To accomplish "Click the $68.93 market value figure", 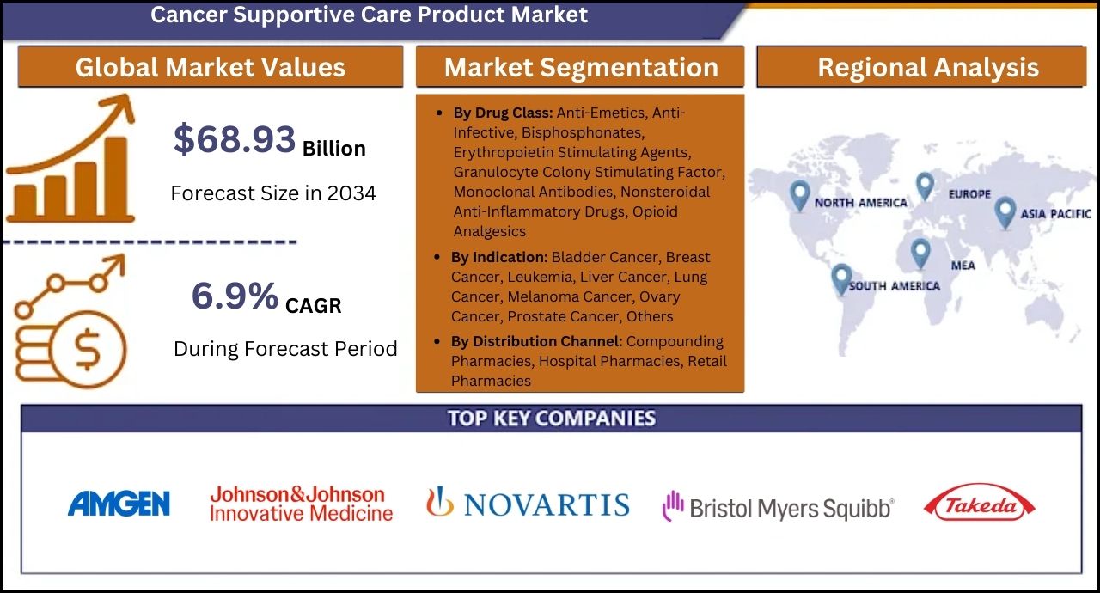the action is tap(235, 139).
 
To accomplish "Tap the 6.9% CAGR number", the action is tap(235, 296).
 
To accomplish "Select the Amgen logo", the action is tap(119, 504).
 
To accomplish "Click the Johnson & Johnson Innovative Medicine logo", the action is tap(301, 504).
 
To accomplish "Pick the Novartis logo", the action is tap(528, 503).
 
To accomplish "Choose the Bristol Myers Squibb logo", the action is tap(779, 506).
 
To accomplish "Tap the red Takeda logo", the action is tap(979, 503).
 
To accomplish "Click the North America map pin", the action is tap(800, 195).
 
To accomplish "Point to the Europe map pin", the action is tap(926, 186).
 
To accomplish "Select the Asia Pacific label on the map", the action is tap(1056, 213).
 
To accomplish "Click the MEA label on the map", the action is tap(963, 266).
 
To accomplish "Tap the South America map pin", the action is tap(841, 278).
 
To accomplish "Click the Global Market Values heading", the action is tap(211, 67).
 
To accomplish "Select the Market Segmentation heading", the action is tap(581, 67).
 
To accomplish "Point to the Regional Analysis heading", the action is tap(928, 67).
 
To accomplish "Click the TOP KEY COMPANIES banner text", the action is tap(552, 419).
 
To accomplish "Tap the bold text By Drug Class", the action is tap(503, 113).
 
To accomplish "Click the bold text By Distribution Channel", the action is tap(537, 341).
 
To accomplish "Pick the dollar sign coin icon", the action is tap(88, 349).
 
